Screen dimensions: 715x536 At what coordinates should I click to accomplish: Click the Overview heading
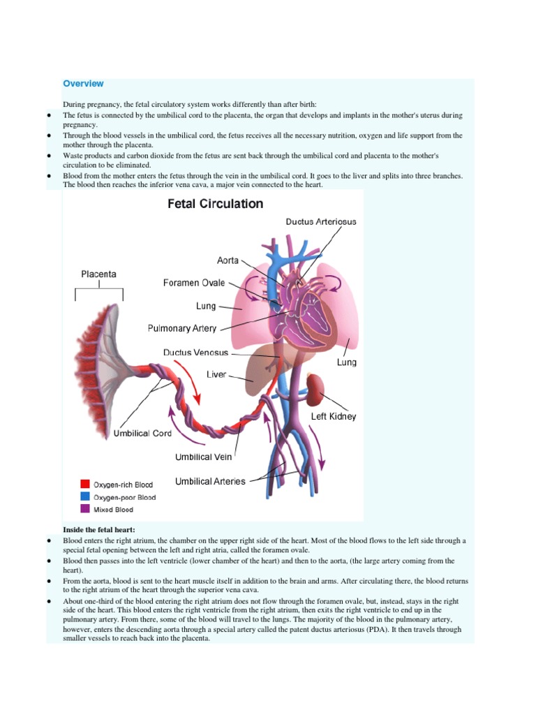click(x=83, y=84)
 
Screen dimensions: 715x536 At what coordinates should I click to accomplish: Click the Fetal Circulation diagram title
click(x=215, y=205)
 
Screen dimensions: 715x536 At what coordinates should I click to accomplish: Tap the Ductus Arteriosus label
click(x=320, y=221)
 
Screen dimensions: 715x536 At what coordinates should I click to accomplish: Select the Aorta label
click(x=228, y=260)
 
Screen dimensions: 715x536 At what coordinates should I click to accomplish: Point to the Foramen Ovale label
click(x=194, y=283)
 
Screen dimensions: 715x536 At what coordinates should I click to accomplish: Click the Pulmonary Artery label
click(x=182, y=328)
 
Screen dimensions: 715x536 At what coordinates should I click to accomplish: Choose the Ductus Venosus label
click(x=195, y=353)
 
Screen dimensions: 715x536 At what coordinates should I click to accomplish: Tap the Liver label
click(x=216, y=375)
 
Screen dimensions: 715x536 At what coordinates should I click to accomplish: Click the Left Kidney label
click(x=334, y=416)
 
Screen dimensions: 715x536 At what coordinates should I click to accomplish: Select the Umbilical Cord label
click(x=142, y=433)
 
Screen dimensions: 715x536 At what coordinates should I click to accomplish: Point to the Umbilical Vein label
click(x=203, y=457)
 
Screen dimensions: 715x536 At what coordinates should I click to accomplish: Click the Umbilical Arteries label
click(x=210, y=481)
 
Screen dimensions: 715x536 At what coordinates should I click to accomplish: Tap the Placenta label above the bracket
click(x=98, y=274)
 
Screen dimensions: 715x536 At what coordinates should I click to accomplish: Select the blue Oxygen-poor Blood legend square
click(x=85, y=497)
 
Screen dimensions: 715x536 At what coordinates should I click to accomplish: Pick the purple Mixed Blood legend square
click(x=85, y=510)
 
